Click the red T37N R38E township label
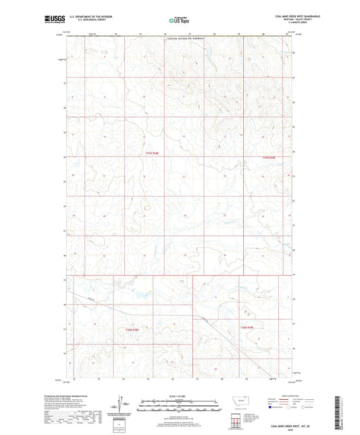click(153, 155)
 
